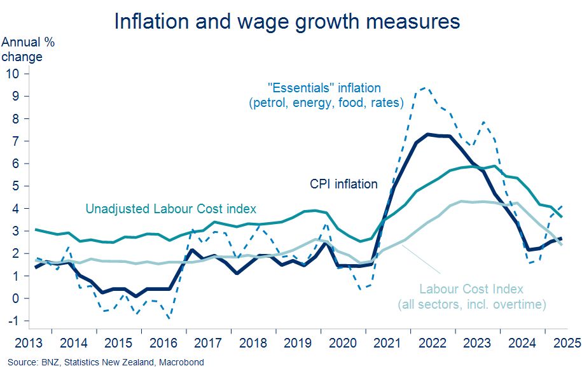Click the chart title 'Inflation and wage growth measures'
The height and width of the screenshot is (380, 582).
pyautogui.click(x=287, y=21)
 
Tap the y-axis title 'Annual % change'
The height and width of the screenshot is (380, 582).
pyautogui.click(x=28, y=50)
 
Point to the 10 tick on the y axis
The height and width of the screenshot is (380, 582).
pyautogui.click(x=12, y=74)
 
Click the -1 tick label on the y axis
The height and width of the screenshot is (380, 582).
pyautogui.click(x=13, y=321)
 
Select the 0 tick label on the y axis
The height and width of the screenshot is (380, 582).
pyautogui.click(x=16, y=299)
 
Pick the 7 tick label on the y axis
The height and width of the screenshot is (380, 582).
pyautogui.click(x=16, y=141)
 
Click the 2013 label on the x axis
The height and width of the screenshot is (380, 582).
pyautogui.click(x=29, y=343)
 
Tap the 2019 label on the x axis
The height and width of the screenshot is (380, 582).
pyautogui.click(x=298, y=343)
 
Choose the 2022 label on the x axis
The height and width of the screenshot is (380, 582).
pyautogui.click(x=433, y=343)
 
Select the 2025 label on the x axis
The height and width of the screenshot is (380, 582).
pyautogui.click(x=567, y=343)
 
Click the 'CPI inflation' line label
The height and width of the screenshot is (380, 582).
pyautogui.click(x=343, y=184)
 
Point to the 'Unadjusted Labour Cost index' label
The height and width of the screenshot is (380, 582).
pyautogui.click(x=170, y=209)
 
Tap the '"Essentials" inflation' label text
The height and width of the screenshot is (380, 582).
pyautogui.click(x=324, y=88)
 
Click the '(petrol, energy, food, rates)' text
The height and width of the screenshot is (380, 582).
pyautogui.click(x=326, y=102)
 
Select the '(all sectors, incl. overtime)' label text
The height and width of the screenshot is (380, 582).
pyautogui.click(x=472, y=305)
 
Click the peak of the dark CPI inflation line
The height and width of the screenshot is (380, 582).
pyautogui.click(x=428, y=134)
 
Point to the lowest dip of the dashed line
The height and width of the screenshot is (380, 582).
pyautogui.click(x=169, y=318)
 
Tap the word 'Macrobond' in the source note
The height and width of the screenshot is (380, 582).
pyautogui.click(x=181, y=362)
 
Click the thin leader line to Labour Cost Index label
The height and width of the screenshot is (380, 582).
pyautogui.click(x=422, y=259)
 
